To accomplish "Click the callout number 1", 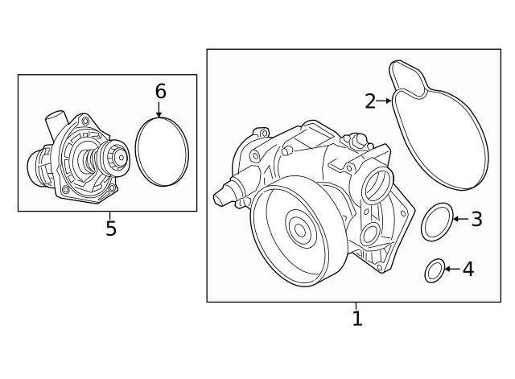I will click(357, 319).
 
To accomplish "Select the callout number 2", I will click(370, 101).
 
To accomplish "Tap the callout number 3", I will click(476, 219).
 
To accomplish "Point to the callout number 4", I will click(468, 269).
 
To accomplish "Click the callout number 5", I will click(111, 229).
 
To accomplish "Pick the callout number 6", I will click(160, 92).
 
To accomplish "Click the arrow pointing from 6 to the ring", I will click(159, 110).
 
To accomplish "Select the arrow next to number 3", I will click(458, 219).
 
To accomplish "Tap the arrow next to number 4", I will click(450, 269).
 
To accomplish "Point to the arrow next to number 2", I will click(385, 101).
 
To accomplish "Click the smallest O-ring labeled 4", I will click(434, 272).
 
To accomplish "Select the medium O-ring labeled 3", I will click(436, 223).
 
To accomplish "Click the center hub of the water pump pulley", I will click(300, 231).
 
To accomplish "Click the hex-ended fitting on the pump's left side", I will click(224, 195).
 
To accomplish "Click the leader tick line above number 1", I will click(355, 306).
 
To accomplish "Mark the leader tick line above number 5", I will click(109, 215).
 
